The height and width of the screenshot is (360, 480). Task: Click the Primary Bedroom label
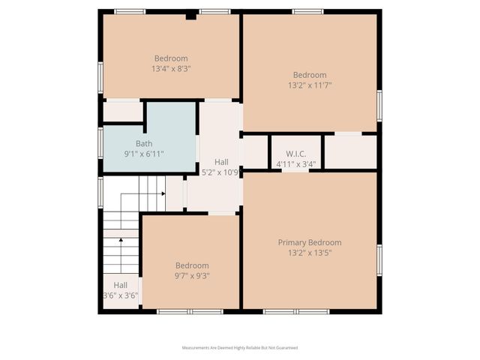310,242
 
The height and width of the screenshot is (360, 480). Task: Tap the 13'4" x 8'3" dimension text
171,68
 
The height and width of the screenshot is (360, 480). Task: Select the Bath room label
144,143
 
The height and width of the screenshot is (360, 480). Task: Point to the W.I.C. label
295,153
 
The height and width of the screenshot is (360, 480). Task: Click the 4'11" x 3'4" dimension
295,163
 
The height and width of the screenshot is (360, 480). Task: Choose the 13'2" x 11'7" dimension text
310,85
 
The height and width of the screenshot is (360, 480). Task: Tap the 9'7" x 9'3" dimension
192,275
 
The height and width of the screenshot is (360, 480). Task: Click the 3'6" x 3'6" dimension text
121,295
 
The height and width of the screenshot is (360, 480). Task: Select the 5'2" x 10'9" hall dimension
221,172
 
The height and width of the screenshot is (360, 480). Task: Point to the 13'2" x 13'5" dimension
310,253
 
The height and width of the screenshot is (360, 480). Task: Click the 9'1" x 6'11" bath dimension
144,154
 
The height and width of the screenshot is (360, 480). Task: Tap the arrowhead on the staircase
163,193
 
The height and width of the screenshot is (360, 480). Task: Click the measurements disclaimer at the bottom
240,348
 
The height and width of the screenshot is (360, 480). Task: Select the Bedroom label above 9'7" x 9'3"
192,265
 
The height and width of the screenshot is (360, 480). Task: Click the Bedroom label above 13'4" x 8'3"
171,58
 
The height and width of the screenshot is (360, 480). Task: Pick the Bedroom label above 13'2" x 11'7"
310,74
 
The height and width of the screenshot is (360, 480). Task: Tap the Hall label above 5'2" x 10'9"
221,161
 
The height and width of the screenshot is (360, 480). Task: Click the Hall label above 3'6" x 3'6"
121,285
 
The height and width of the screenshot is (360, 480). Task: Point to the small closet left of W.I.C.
255,151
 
